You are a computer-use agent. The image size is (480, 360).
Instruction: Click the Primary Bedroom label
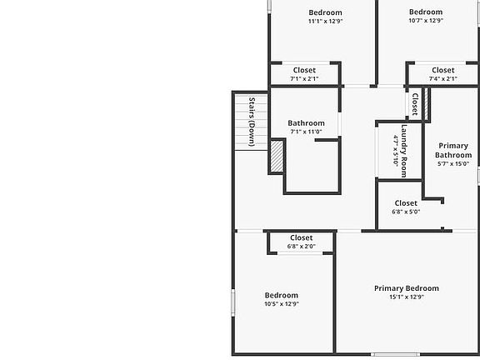coord(407,288)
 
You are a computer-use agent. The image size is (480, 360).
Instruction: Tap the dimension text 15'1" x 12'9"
coord(407,297)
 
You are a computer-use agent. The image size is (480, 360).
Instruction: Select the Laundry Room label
coord(404,151)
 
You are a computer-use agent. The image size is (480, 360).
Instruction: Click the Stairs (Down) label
coord(252,122)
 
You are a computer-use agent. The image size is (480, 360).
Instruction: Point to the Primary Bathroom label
coord(453,150)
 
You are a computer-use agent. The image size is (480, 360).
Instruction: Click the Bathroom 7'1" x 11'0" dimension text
coord(306,132)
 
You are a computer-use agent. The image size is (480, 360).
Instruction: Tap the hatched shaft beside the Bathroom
coord(277,156)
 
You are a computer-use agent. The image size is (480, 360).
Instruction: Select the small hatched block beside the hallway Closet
coord(427,104)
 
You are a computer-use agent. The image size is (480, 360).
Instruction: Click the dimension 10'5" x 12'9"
coord(282,304)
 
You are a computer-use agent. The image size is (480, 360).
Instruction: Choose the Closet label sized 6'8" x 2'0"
coord(302,237)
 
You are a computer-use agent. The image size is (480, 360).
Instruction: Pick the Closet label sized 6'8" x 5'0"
coord(406,203)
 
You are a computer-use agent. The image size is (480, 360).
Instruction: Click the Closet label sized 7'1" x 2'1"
coord(304,70)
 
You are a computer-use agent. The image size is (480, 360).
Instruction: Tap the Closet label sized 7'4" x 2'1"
coord(443,70)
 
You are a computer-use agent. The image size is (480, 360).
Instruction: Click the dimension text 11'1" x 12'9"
coord(325,21)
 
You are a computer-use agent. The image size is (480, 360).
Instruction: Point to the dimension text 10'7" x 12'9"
coord(426,21)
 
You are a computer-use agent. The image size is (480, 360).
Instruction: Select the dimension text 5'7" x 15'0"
coord(453,164)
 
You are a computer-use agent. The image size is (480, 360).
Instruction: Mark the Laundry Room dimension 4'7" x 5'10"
coord(396,151)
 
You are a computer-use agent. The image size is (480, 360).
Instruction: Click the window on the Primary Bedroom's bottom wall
coord(395,354)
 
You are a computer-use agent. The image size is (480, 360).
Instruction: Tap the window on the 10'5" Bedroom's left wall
coord(233,302)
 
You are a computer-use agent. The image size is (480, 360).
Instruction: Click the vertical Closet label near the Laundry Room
coord(415,104)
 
